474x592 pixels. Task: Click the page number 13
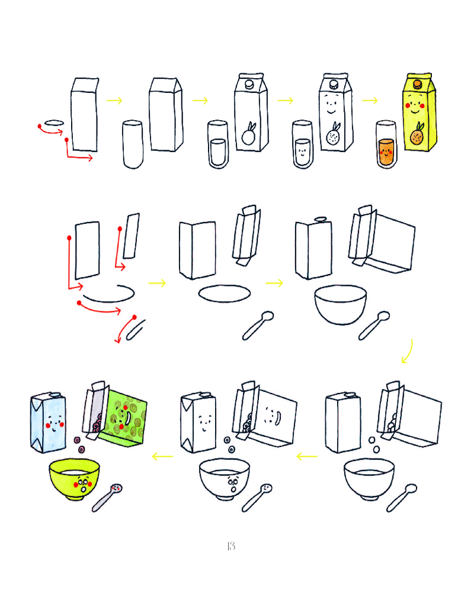[231, 546]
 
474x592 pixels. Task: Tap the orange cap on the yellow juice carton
[417, 84]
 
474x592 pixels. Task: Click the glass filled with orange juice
[386, 144]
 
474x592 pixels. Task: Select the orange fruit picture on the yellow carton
[417, 134]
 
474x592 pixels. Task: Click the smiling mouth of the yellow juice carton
[415, 111]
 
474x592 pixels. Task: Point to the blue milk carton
[48, 422]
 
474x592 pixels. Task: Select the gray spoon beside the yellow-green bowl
[107, 497]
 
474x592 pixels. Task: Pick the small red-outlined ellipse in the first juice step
[54, 123]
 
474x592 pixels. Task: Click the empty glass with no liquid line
[133, 144]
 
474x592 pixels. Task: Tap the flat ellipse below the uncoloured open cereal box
[225, 294]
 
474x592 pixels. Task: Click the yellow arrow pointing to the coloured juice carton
[370, 101]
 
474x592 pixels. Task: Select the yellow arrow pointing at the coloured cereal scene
[162, 456]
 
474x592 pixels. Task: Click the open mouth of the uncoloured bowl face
[233, 490]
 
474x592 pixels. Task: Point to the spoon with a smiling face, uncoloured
[257, 498]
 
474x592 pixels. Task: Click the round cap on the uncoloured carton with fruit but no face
[249, 84]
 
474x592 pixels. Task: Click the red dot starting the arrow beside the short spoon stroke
[134, 317]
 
